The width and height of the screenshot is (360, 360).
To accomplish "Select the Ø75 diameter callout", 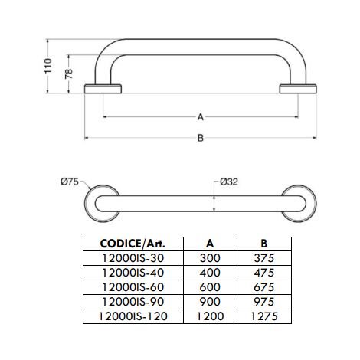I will (70, 182).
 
